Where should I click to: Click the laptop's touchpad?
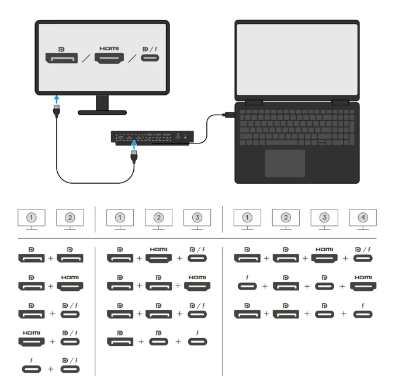pyautogui.click(x=285, y=163)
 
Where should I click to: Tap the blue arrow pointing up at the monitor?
pyautogui.click(x=57, y=99)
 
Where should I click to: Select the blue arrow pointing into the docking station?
pyautogui.click(x=134, y=145)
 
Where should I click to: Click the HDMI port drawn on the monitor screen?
pyautogui.click(x=109, y=59)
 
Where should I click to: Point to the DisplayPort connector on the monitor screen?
pyautogui.click(x=61, y=58)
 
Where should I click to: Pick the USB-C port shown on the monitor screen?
pyautogui.click(x=150, y=58)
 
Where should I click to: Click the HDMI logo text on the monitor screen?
pyautogui.click(x=109, y=49)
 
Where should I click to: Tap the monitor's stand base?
pyautogui.click(x=102, y=112)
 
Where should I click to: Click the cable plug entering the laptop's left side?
pyautogui.click(x=229, y=115)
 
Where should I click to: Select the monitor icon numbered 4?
pyautogui.click(x=363, y=219)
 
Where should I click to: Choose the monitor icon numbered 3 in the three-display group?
pyautogui.click(x=197, y=219)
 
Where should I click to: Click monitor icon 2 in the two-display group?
pyautogui.click(x=70, y=219)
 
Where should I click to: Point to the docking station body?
pyautogui.click(x=152, y=138)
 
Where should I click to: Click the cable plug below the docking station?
pyautogui.click(x=134, y=156)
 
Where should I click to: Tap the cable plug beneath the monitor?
pyautogui.click(x=57, y=111)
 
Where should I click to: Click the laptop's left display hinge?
pyautogui.click(x=254, y=102)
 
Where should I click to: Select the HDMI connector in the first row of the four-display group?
pyautogui.click(x=324, y=258)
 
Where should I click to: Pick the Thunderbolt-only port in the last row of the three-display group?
pyautogui.click(x=197, y=341)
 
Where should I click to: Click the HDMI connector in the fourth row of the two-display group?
pyautogui.click(x=32, y=341)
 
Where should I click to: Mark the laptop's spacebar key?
pyautogui.click(x=282, y=143)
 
